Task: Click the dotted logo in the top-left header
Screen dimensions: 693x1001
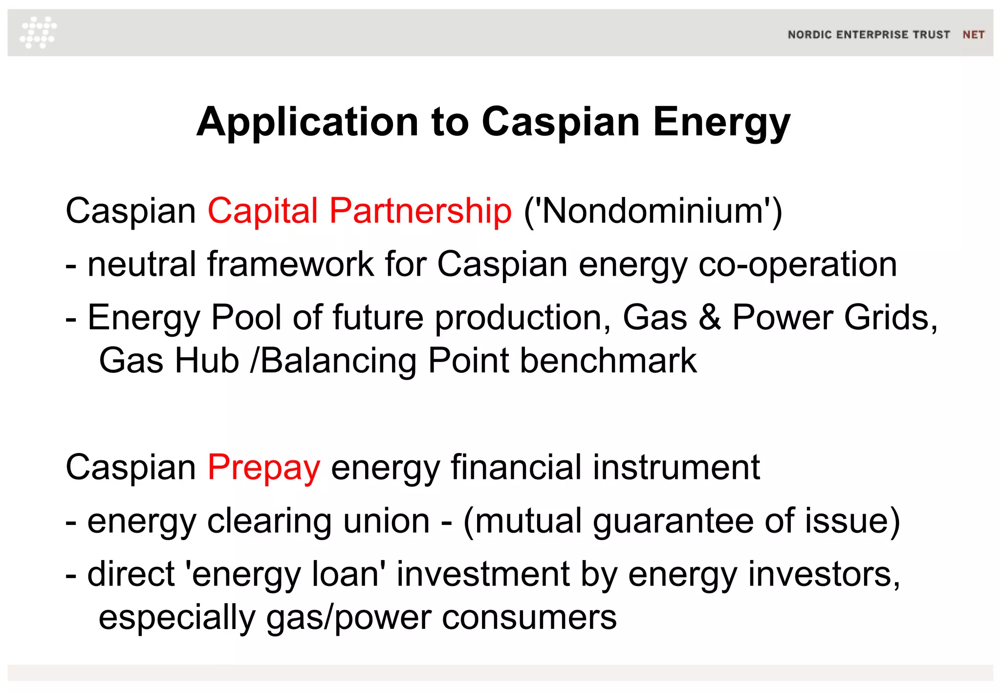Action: point(38,33)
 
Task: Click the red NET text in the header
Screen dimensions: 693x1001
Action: point(973,35)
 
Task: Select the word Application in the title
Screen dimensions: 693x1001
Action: point(307,122)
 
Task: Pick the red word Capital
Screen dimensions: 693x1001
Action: point(263,211)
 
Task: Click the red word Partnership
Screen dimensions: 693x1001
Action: point(420,211)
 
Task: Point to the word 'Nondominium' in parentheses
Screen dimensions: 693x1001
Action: point(653,211)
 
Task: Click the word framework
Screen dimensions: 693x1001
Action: point(291,264)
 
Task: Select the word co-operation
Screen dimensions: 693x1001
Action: point(798,264)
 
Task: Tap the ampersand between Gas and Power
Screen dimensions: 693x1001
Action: point(710,318)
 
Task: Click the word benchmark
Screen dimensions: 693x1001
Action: point(608,361)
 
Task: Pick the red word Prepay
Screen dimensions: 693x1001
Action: point(264,468)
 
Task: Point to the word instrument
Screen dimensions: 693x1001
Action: point(676,468)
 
